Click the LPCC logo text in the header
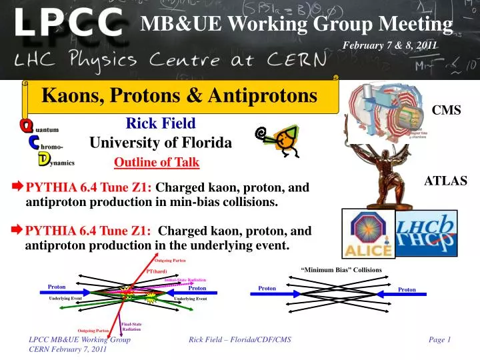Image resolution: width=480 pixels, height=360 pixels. click(x=69, y=25)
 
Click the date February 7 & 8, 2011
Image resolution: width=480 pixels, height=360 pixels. click(x=389, y=45)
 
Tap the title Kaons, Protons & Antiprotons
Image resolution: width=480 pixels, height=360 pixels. click(x=179, y=96)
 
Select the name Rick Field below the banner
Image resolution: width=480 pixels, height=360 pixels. click(x=161, y=123)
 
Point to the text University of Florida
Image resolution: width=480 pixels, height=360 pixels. click(x=161, y=143)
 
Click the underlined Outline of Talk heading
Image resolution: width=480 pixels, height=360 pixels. click(x=157, y=162)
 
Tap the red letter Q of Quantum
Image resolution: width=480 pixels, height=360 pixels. click(x=26, y=125)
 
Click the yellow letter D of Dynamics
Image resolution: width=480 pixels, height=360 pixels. click(x=43, y=159)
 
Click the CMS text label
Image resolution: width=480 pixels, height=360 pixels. click(x=447, y=110)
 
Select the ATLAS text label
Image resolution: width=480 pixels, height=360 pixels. click(x=446, y=181)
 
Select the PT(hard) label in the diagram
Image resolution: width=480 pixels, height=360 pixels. click(x=157, y=271)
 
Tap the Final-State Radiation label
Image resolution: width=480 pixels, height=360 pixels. click(x=131, y=327)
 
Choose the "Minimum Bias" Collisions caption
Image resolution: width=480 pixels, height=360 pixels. click(x=341, y=270)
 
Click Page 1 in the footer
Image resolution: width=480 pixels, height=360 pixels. click(x=439, y=340)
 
